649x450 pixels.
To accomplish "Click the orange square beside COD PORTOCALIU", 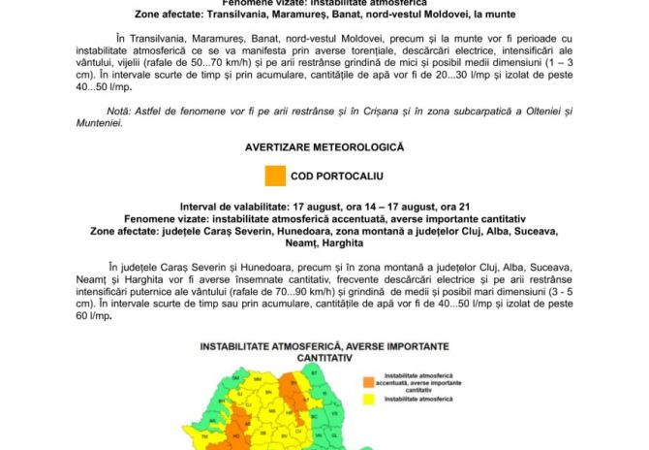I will click(275, 177).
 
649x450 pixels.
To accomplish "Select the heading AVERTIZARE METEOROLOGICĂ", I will click(324, 147).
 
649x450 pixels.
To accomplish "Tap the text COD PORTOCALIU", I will click(338, 177).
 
